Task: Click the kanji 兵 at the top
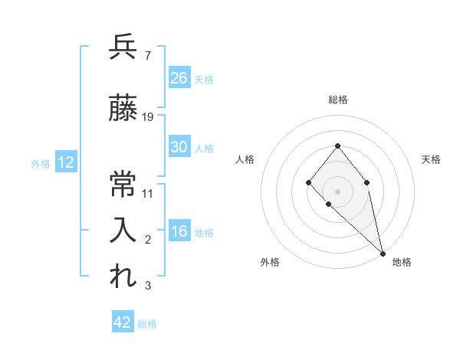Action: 123,47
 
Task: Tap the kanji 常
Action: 123,184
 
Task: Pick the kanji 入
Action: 123,230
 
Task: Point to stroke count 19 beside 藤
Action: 148,116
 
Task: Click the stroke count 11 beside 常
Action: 148,193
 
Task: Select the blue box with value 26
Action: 179,77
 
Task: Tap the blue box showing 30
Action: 179,147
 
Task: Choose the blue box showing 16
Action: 179,231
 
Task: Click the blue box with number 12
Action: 65,162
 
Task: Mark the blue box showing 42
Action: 123,322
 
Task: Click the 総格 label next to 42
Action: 147,324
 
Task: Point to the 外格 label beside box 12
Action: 41,163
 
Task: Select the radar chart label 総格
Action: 338,100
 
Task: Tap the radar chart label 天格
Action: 431,159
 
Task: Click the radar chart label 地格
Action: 402,262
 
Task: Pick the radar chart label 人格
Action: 245,159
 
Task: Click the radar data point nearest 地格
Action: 383,253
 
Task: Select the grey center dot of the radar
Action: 337,191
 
